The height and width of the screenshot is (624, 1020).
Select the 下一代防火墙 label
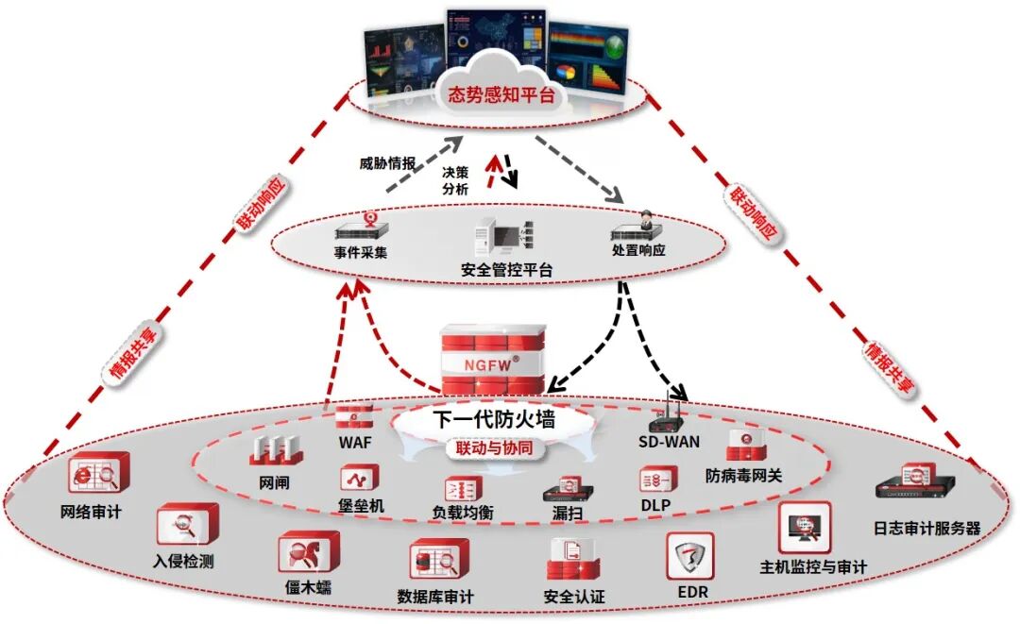(x=493, y=420)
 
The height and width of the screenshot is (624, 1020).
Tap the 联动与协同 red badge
(x=496, y=449)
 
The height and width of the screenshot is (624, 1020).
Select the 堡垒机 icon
(x=359, y=477)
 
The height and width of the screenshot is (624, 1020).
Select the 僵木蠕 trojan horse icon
(x=307, y=553)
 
